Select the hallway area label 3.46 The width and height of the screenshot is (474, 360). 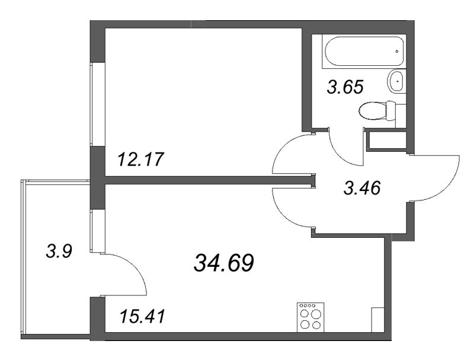tap(361, 189)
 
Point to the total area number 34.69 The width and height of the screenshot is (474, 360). tap(224, 262)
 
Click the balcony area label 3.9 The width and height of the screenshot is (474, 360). tap(59, 252)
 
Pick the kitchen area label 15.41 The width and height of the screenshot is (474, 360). tap(140, 316)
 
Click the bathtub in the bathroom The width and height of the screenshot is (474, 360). tap(363, 51)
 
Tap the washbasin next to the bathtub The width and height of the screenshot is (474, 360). tap(396, 81)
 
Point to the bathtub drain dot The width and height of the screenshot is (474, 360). tap(396, 52)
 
